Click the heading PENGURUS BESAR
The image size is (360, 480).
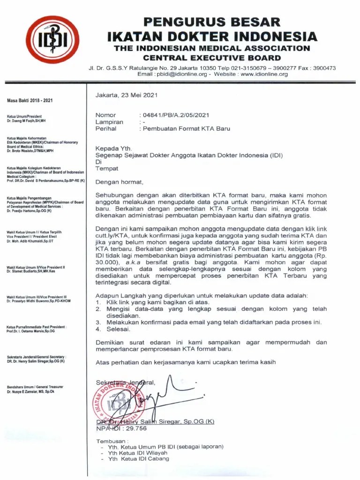[x=212, y=22]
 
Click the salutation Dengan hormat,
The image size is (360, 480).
[x=120, y=182]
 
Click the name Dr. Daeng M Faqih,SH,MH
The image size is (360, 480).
[x=26, y=120]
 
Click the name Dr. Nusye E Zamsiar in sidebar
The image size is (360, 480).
[x=31, y=391]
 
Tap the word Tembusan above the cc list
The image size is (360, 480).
[x=112, y=442]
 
